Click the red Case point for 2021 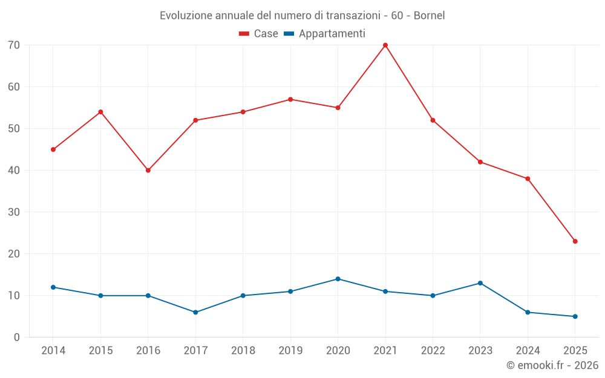385,45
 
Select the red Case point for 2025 575,241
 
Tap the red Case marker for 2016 148,171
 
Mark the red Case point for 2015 100,112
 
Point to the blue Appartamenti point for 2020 338,279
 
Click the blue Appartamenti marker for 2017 195,313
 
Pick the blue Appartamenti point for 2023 480,283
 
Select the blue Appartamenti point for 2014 53,287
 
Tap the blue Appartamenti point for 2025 575,316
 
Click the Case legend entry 259,34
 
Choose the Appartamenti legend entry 325,34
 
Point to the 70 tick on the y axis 13,45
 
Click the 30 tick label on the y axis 13,212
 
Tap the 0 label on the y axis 16,337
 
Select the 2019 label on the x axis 290,351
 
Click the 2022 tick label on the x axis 433,351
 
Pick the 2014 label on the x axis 53,351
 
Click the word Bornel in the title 429,16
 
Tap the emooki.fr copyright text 552,365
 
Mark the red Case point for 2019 290,99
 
